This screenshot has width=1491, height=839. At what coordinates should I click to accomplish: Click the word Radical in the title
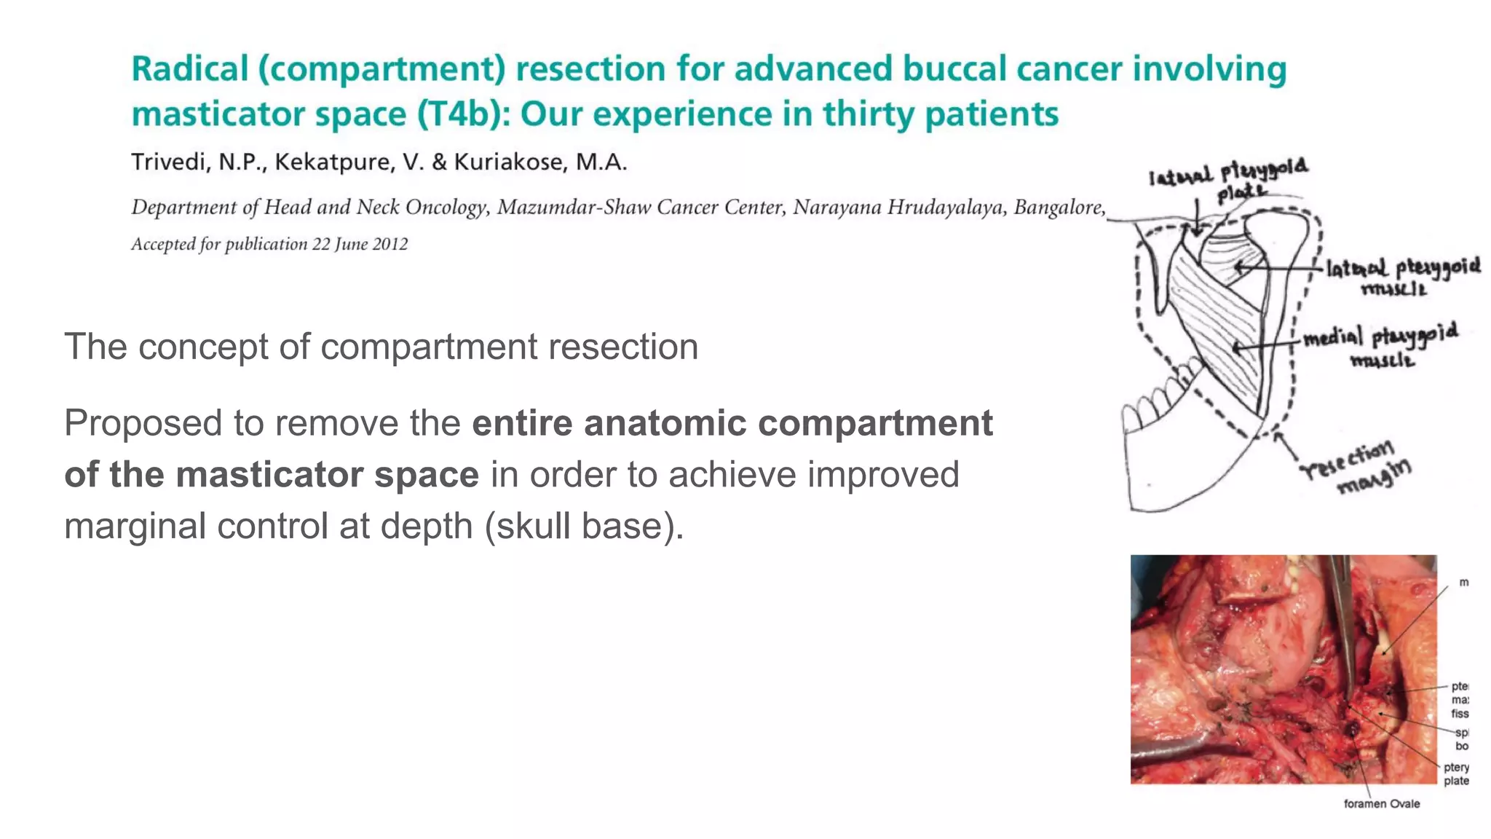(189, 70)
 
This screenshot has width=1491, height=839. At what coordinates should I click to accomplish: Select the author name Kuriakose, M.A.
(540, 162)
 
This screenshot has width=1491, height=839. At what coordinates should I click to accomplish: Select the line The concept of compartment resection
(381, 347)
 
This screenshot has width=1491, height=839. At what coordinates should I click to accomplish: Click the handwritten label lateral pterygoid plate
(1230, 178)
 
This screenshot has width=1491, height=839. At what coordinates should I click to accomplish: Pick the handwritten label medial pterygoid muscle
(1380, 345)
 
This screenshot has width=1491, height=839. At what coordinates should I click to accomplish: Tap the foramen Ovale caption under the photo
(1381, 804)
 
